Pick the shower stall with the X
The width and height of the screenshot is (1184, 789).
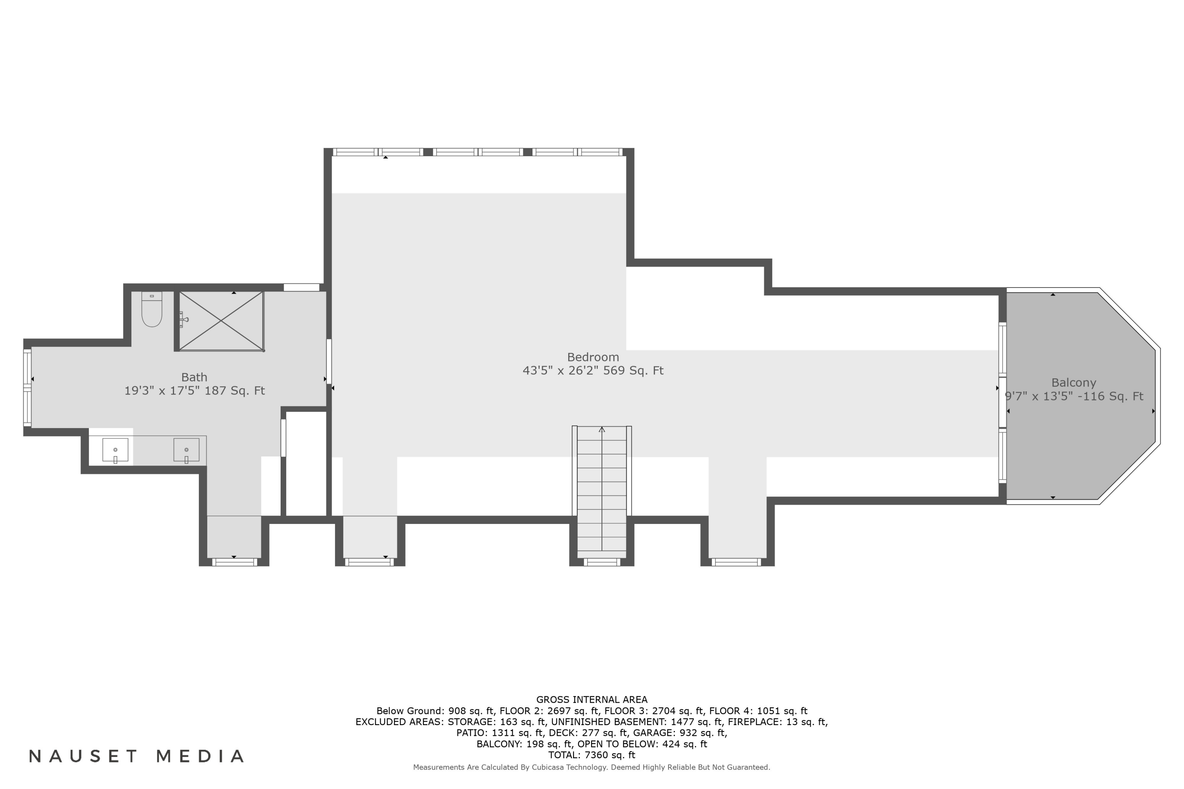[221, 321]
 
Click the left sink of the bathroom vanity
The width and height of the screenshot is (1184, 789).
[115, 449]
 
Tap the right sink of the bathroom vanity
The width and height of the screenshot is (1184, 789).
[186, 449]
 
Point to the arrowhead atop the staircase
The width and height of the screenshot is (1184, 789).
[601, 429]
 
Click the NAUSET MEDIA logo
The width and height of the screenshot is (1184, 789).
[137, 756]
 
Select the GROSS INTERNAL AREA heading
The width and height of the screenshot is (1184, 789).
[592, 699]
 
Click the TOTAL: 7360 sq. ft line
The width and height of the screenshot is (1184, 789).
[592, 755]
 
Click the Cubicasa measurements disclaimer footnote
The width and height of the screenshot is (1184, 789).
[592, 767]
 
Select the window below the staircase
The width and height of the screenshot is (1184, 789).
[601, 562]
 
